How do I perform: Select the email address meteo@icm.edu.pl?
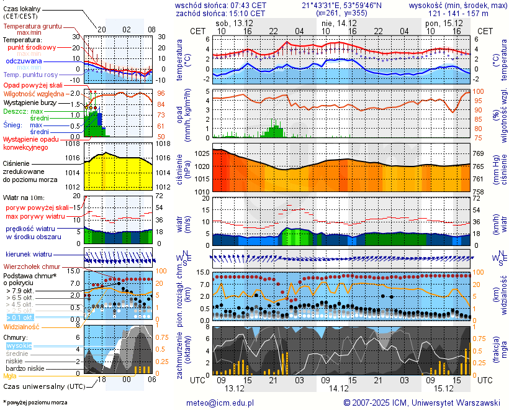(220, 403)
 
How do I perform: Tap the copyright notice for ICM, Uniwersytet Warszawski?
(422, 403)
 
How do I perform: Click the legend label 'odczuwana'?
(24, 61)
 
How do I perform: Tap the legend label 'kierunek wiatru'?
(28, 255)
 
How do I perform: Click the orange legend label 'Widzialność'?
(22, 326)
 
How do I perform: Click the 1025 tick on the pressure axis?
(202, 153)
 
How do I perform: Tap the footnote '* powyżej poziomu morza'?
(35, 403)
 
